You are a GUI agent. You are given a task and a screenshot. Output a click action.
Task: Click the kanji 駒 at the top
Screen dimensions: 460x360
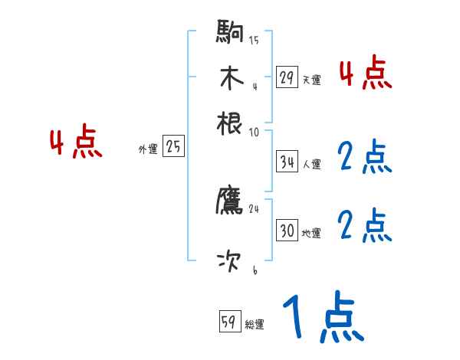click(230, 32)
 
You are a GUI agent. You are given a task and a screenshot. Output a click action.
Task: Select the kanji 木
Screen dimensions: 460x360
click(230, 78)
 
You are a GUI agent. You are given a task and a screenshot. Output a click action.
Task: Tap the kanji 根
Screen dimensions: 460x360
click(230, 123)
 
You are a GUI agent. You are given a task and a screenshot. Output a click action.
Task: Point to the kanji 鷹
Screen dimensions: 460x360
click(230, 201)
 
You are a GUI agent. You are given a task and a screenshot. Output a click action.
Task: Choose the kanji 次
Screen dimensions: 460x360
click(230, 262)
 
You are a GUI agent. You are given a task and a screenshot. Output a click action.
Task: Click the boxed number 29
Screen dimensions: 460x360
click(287, 77)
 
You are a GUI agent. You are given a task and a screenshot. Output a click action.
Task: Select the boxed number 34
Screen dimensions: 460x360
click(287, 162)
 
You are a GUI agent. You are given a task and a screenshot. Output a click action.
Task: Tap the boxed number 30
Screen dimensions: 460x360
click(287, 231)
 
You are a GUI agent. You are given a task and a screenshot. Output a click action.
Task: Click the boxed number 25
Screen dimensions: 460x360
click(173, 147)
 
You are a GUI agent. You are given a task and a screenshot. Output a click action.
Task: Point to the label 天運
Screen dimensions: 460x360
click(311, 80)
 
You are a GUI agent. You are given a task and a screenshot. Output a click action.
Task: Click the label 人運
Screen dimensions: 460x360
click(311, 164)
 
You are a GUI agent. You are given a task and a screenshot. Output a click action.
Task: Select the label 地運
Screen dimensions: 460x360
click(311, 233)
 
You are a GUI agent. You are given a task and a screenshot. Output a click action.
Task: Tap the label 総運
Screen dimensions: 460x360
click(255, 324)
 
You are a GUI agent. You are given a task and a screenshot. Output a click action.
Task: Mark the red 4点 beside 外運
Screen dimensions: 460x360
click(75, 144)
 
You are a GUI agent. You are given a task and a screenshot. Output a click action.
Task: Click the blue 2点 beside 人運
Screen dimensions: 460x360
click(364, 158)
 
